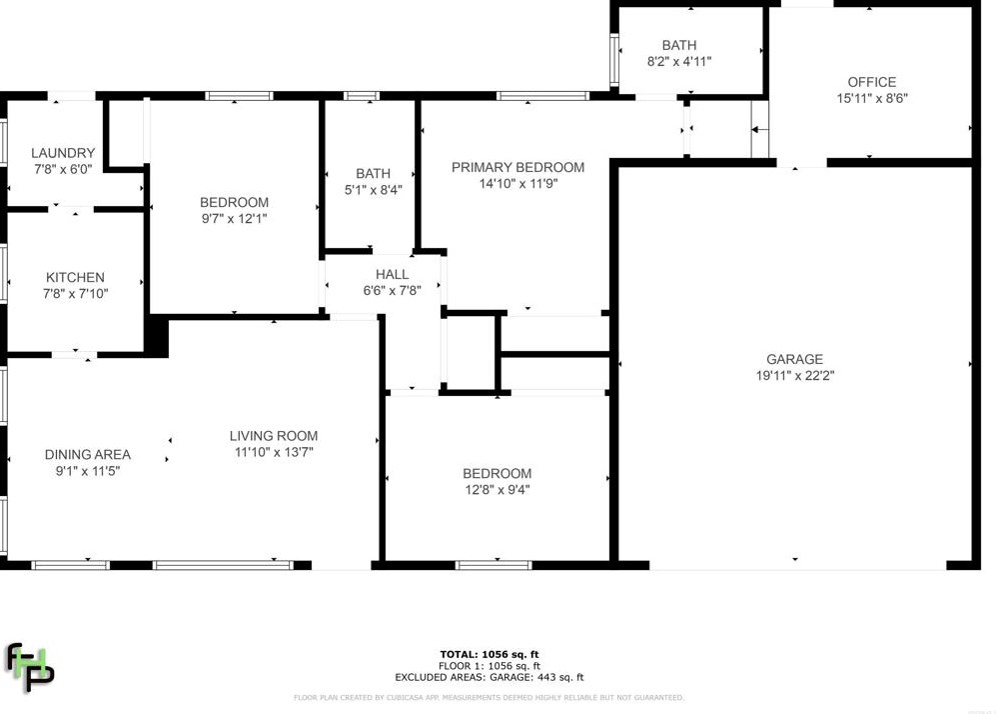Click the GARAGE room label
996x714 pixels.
(794, 359)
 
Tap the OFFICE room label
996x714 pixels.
(871, 82)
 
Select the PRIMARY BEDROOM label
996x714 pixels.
(517, 167)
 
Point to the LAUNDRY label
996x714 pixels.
(63, 153)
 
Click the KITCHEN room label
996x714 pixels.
(75, 277)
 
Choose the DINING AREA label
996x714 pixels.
(88, 454)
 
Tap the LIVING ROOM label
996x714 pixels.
(274, 435)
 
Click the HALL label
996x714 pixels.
(392, 274)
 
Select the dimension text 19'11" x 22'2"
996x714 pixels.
(794, 376)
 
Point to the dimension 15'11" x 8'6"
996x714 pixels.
(871, 99)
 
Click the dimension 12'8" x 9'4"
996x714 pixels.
(497, 490)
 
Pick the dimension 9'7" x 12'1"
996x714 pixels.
(234, 218)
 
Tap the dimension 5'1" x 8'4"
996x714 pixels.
(373, 190)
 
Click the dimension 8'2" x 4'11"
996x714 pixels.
(679, 61)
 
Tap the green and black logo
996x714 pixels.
(30, 667)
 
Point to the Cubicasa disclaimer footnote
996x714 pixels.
(489, 697)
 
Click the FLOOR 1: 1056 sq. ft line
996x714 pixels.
(490, 666)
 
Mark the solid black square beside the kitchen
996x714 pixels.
(157, 335)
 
